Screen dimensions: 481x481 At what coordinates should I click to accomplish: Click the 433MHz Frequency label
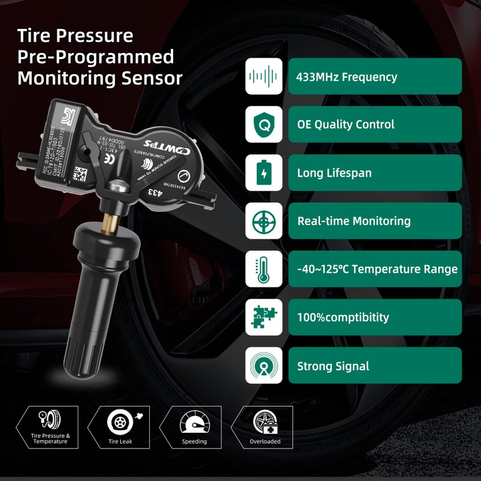click(x=375, y=77)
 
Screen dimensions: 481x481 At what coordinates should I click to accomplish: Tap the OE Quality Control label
click(x=375, y=125)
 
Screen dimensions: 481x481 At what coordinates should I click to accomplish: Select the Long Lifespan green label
click(x=375, y=173)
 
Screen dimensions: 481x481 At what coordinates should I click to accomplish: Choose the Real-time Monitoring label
click(x=375, y=221)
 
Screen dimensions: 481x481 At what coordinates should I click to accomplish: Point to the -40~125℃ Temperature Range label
click(x=376, y=269)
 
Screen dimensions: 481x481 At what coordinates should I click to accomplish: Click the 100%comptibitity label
click(x=375, y=317)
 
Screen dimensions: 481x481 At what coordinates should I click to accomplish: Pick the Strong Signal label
click(x=375, y=366)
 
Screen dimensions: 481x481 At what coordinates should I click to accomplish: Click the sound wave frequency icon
click(x=263, y=76)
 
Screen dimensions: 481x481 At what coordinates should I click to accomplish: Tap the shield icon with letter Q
click(x=263, y=124)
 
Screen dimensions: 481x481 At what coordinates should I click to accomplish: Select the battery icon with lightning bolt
click(x=263, y=173)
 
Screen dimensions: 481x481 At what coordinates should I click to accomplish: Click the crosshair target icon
click(x=263, y=221)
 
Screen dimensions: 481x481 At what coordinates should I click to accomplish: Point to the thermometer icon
click(x=263, y=269)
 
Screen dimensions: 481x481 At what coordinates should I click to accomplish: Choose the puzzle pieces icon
click(x=263, y=317)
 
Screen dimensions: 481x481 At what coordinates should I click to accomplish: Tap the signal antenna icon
click(x=263, y=365)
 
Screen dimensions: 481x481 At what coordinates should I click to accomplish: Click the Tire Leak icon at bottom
click(x=120, y=421)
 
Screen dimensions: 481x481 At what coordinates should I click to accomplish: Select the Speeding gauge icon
click(x=194, y=421)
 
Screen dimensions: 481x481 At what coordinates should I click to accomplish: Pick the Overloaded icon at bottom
click(x=265, y=421)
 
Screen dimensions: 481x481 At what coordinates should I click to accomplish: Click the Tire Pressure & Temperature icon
click(x=51, y=421)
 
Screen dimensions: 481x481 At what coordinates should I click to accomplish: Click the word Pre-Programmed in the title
click(x=96, y=57)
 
